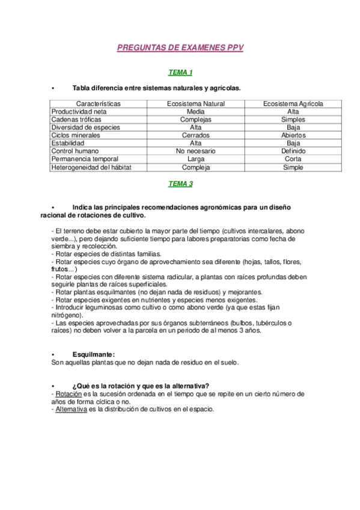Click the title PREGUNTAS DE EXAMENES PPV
(180, 48)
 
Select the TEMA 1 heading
(180, 73)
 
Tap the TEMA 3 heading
(180, 184)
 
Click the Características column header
(99, 104)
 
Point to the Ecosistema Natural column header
(195, 104)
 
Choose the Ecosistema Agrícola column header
(293, 104)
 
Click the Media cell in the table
(195, 112)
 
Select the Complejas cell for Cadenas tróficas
(195, 120)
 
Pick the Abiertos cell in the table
(293, 135)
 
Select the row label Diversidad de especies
(85, 127)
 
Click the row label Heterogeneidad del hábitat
(91, 167)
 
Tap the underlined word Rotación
(68, 394)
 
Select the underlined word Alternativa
(71, 410)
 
